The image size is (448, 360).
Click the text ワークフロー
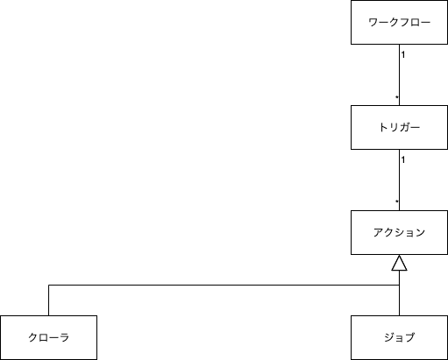click(x=399, y=23)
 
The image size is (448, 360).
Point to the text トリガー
click(x=399, y=128)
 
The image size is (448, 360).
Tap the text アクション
click(x=399, y=232)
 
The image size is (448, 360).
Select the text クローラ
click(x=48, y=337)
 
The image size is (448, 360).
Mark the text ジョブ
click(x=399, y=337)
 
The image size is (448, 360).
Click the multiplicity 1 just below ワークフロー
click(x=403, y=55)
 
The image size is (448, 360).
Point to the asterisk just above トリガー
click(x=396, y=96)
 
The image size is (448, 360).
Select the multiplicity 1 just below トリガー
click(x=403, y=160)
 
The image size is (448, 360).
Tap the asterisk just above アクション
click(x=396, y=201)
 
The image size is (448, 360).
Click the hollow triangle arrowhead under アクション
click(x=399, y=263)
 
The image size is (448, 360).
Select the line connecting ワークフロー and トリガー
click(x=399, y=74)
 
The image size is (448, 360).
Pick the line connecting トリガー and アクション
click(x=399, y=180)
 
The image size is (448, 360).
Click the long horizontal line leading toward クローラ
click(x=219, y=285)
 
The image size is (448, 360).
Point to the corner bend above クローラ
click(x=49, y=285)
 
